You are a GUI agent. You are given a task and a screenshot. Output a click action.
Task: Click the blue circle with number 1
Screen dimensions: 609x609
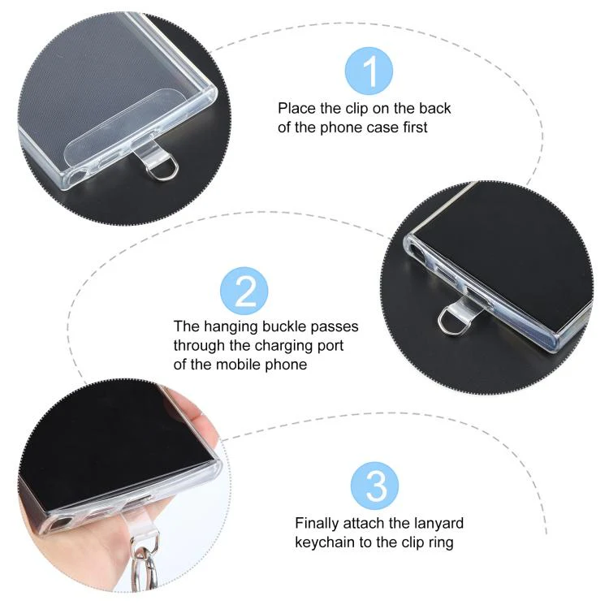(369, 71)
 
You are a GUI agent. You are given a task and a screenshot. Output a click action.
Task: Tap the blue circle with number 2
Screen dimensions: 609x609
(244, 291)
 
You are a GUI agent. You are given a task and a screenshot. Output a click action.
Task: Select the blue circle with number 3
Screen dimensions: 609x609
(375, 486)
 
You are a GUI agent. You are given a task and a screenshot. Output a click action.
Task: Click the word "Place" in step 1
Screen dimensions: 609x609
(297, 108)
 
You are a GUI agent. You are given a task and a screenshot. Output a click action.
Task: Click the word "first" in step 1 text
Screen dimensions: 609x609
(415, 127)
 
